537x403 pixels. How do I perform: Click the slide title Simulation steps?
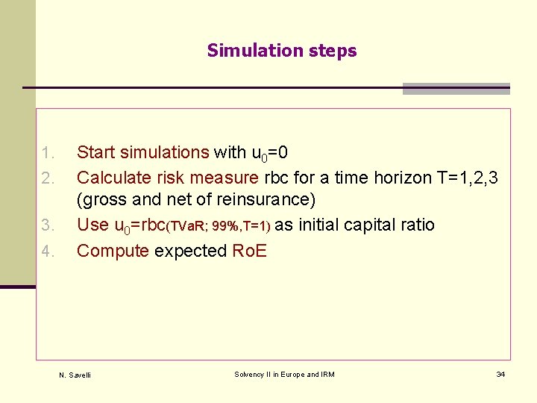[282, 51]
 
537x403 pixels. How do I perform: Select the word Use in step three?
[92, 225]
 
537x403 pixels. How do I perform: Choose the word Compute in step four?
[113, 251]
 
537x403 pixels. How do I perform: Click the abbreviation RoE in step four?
[249, 251]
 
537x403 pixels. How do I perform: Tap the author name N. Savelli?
[75, 375]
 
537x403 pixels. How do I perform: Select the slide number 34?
[500, 374]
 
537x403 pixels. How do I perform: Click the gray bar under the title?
[456, 89]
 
